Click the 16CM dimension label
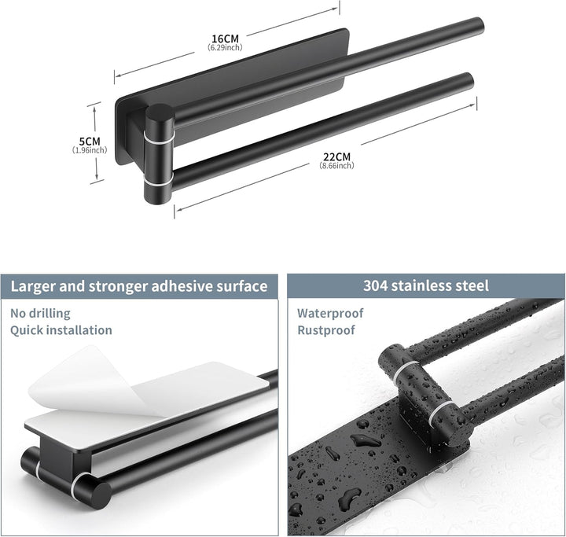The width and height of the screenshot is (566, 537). (x=226, y=39)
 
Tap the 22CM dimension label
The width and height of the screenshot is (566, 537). (x=336, y=157)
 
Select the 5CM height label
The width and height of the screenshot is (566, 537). (x=90, y=142)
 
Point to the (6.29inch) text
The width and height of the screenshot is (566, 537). (x=225, y=47)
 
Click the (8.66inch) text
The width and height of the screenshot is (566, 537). (x=336, y=165)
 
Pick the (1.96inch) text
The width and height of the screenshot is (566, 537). (x=90, y=150)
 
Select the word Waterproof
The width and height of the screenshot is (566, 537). (x=330, y=313)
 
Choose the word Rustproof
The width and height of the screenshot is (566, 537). (x=326, y=330)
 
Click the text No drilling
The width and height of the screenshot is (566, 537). (x=40, y=314)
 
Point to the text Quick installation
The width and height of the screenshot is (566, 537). (x=61, y=330)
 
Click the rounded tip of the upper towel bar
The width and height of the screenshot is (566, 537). (x=479, y=26)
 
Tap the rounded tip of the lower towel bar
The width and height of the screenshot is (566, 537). (x=469, y=81)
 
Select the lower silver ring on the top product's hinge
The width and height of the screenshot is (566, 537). (x=159, y=180)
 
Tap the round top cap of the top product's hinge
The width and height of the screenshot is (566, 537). (x=160, y=112)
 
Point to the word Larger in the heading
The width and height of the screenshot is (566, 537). (x=33, y=287)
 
